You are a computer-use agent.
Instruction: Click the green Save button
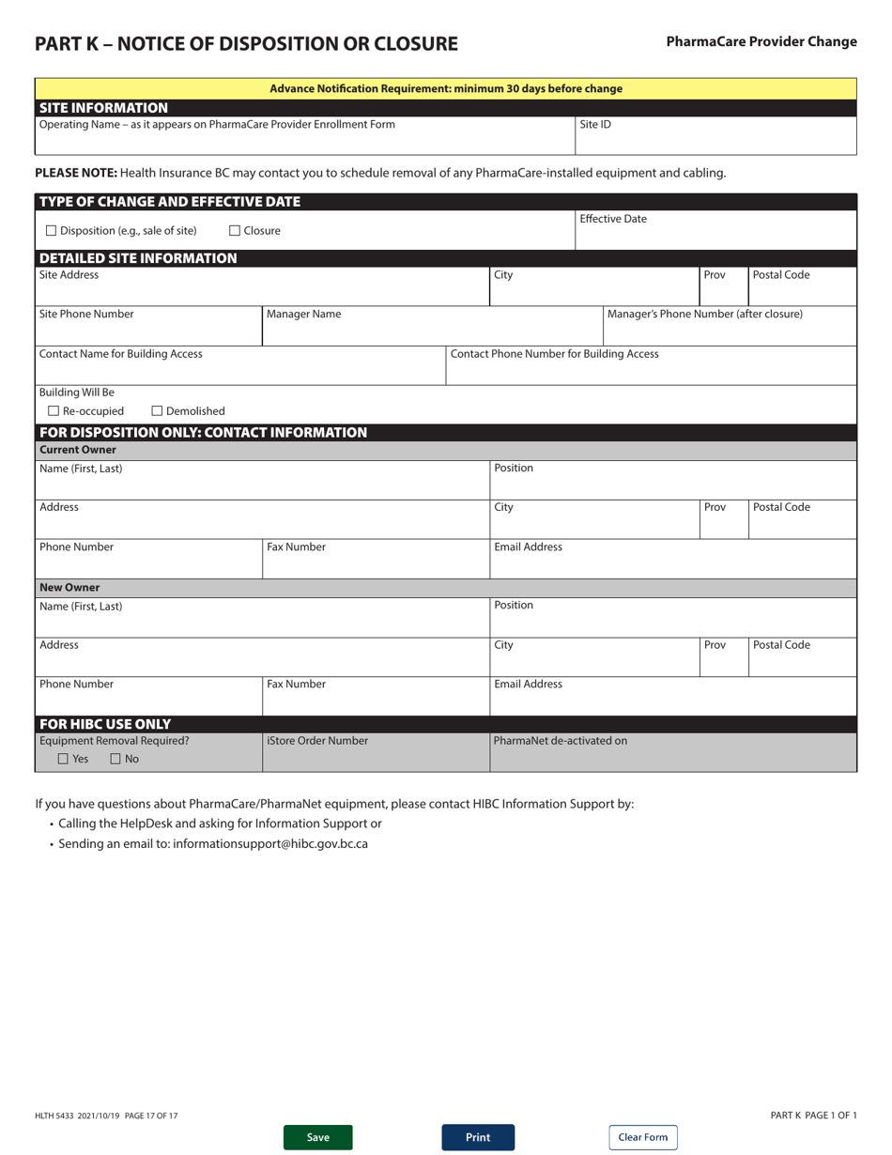(318, 1137)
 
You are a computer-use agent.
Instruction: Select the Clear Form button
(642, 1137)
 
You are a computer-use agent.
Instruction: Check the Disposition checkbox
(52, 231)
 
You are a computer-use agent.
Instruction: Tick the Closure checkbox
(235, 231)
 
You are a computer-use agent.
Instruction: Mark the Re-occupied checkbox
(54, 411)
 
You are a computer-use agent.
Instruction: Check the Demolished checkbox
(157, 411)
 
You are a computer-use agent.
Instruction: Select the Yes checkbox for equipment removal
(63, 759)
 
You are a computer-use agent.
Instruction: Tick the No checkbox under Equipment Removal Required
(115, 759)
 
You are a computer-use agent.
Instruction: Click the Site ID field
(715, 140)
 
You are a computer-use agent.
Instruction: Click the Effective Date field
(715, 236)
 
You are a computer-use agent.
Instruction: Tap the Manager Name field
(431, 331)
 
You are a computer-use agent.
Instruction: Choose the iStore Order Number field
(375, 758)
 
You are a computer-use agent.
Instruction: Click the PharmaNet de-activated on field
(672, 758)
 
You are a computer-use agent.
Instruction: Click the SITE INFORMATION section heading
(103, 108)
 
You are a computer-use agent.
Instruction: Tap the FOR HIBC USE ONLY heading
(105, 724)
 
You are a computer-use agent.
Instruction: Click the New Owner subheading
(69, 588)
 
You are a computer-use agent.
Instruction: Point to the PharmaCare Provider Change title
(761, 41)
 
